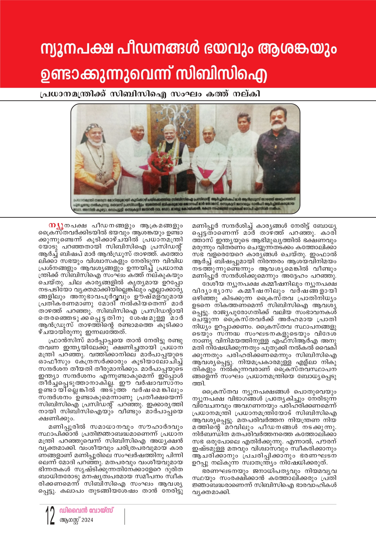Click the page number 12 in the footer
50,515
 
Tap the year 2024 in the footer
87,520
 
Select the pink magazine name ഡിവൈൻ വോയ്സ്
86,510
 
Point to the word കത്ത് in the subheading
217,94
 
